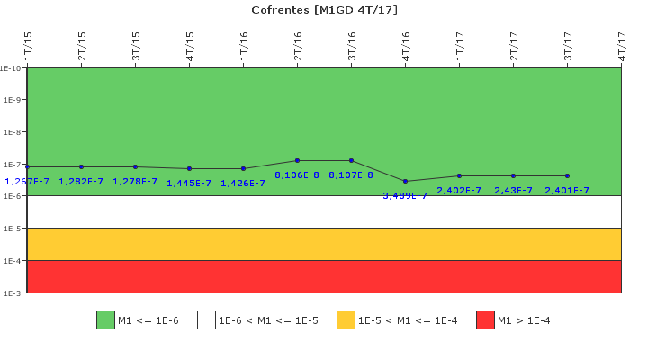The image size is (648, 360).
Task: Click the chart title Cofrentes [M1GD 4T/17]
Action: pyautogui.click(x=324, y=10)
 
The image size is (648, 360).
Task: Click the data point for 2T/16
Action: pyautogui.click(x=297, y=160)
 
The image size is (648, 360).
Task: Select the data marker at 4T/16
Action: pyautogui.click(x=405, y=181)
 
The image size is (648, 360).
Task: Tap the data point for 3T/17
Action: pyautogui.click(x=567, y=175)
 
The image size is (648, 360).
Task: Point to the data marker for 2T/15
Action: pyautogui.click(x=81, y=166)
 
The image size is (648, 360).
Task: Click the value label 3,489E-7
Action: pyautogui.click(x=405, y=195)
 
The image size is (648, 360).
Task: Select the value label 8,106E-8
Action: pyautogui.click(x=297, y=175)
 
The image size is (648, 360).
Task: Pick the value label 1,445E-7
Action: pyautogui.click(x=189, y=183)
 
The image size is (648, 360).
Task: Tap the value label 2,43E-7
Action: pyautogui.click(x=513, y=190)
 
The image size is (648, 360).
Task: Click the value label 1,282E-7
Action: pyautogui.click(x=81, y=181)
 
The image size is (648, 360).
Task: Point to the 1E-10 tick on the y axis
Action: pyautogui.click(x=11, y=67)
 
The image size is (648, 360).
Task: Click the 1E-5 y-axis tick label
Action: pyautogui.click(x=11, y=229)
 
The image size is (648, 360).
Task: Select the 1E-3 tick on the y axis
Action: pyautogui.click(x=11, y=293)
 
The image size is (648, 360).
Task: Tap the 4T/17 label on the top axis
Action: pyautogui.click(x=622, y=46)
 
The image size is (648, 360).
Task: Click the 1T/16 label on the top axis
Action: pyautogui.click(x=244, y=46)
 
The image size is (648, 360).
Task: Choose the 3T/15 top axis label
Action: pyautogui.click(x=136, y=46)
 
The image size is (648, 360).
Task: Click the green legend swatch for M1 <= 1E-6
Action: pyautogui.click(x=105, y=320)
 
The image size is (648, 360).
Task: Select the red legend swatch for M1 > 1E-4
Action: pyautogui.click(x=485, y=320)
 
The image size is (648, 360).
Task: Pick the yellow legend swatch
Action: pyautogui.click(x=346, y=320)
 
